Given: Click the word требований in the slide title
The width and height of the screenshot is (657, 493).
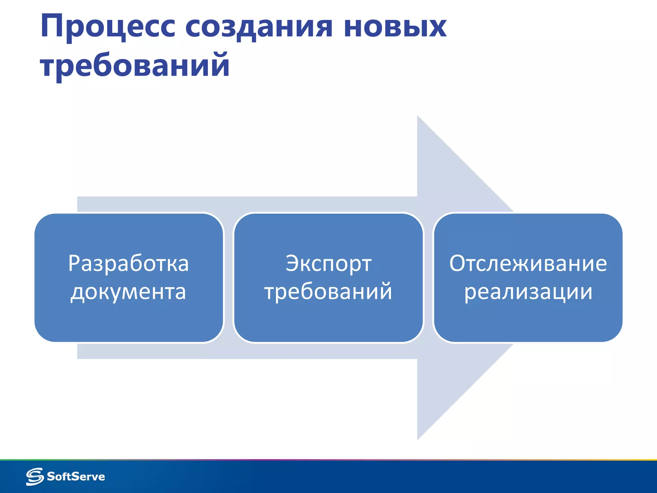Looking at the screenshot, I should point(135,65).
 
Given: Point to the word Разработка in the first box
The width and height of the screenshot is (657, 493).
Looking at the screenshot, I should point(128,264).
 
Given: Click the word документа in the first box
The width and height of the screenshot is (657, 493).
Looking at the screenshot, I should point(128,292).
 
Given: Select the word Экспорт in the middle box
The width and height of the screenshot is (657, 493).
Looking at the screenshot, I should point(328,264).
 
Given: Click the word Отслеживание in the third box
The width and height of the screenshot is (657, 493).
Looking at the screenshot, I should point(528,264).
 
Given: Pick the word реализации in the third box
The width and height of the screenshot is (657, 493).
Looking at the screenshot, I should point(528,292).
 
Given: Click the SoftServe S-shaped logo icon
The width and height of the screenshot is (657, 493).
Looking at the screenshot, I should point(35,476).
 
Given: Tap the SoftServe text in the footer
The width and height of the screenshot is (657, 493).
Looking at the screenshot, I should point(76,476).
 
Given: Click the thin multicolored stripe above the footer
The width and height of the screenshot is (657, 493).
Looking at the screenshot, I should point(328,460).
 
